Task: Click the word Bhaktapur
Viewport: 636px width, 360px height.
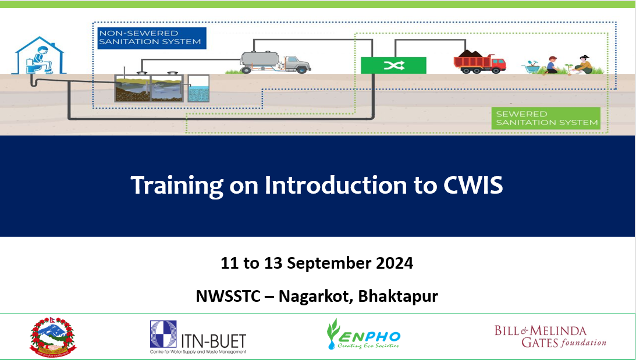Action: click(x=398, y=296)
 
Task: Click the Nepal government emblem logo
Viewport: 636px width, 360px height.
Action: click(x=52, y=336)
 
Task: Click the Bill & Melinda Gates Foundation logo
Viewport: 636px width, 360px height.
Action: click(x=550, y=336)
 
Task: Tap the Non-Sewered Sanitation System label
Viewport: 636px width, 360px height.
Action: click(x=151, y=37)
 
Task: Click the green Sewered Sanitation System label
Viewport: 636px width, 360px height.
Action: click(x=546, y=118)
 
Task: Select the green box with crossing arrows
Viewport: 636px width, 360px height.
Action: click(x=393, y=65)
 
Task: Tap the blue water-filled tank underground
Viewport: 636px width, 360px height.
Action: click(x=198, y=90)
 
